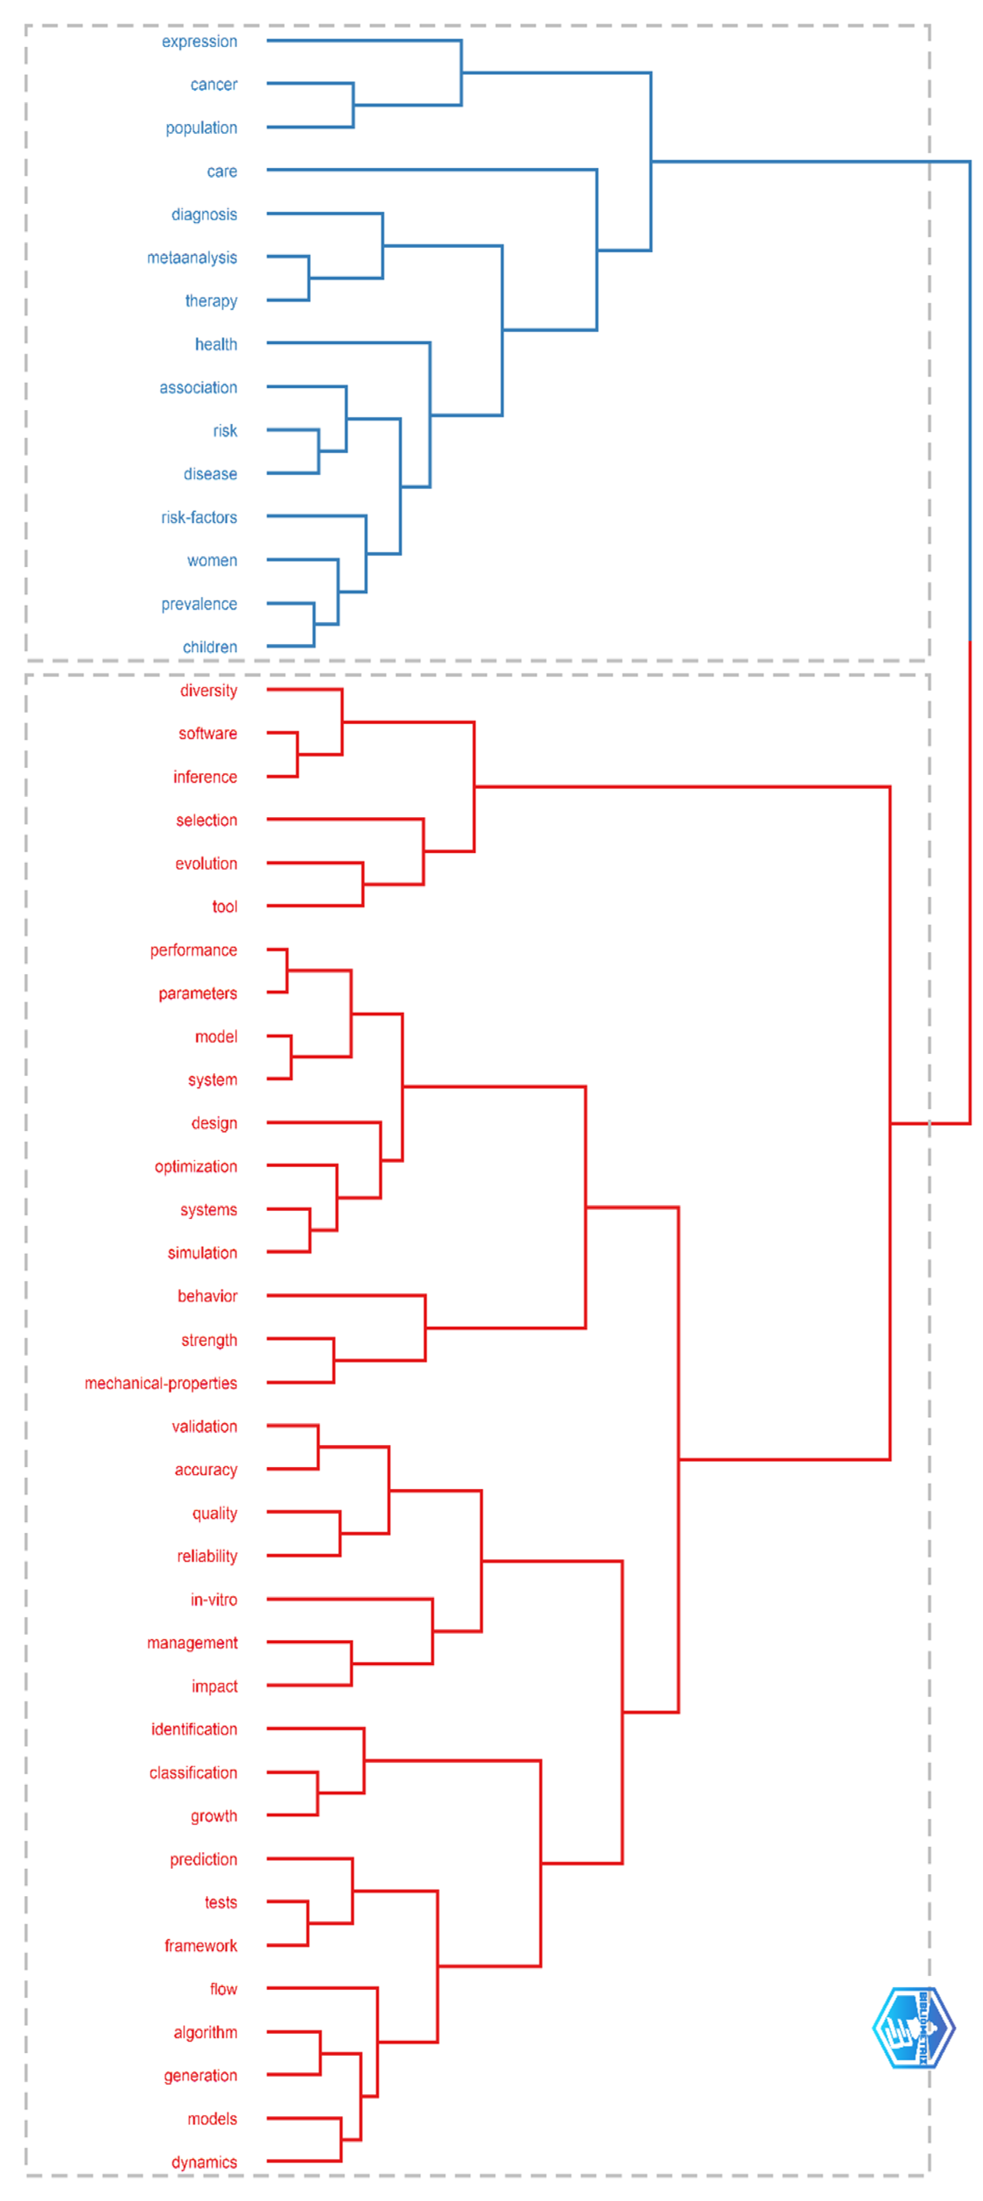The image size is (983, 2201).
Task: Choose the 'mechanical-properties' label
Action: [x=161, y=1383]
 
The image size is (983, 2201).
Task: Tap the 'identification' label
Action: [x=194, y=1729]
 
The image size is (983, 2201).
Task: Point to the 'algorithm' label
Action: [x=205, y=2033]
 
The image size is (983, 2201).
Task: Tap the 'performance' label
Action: [x=193, y=950]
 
